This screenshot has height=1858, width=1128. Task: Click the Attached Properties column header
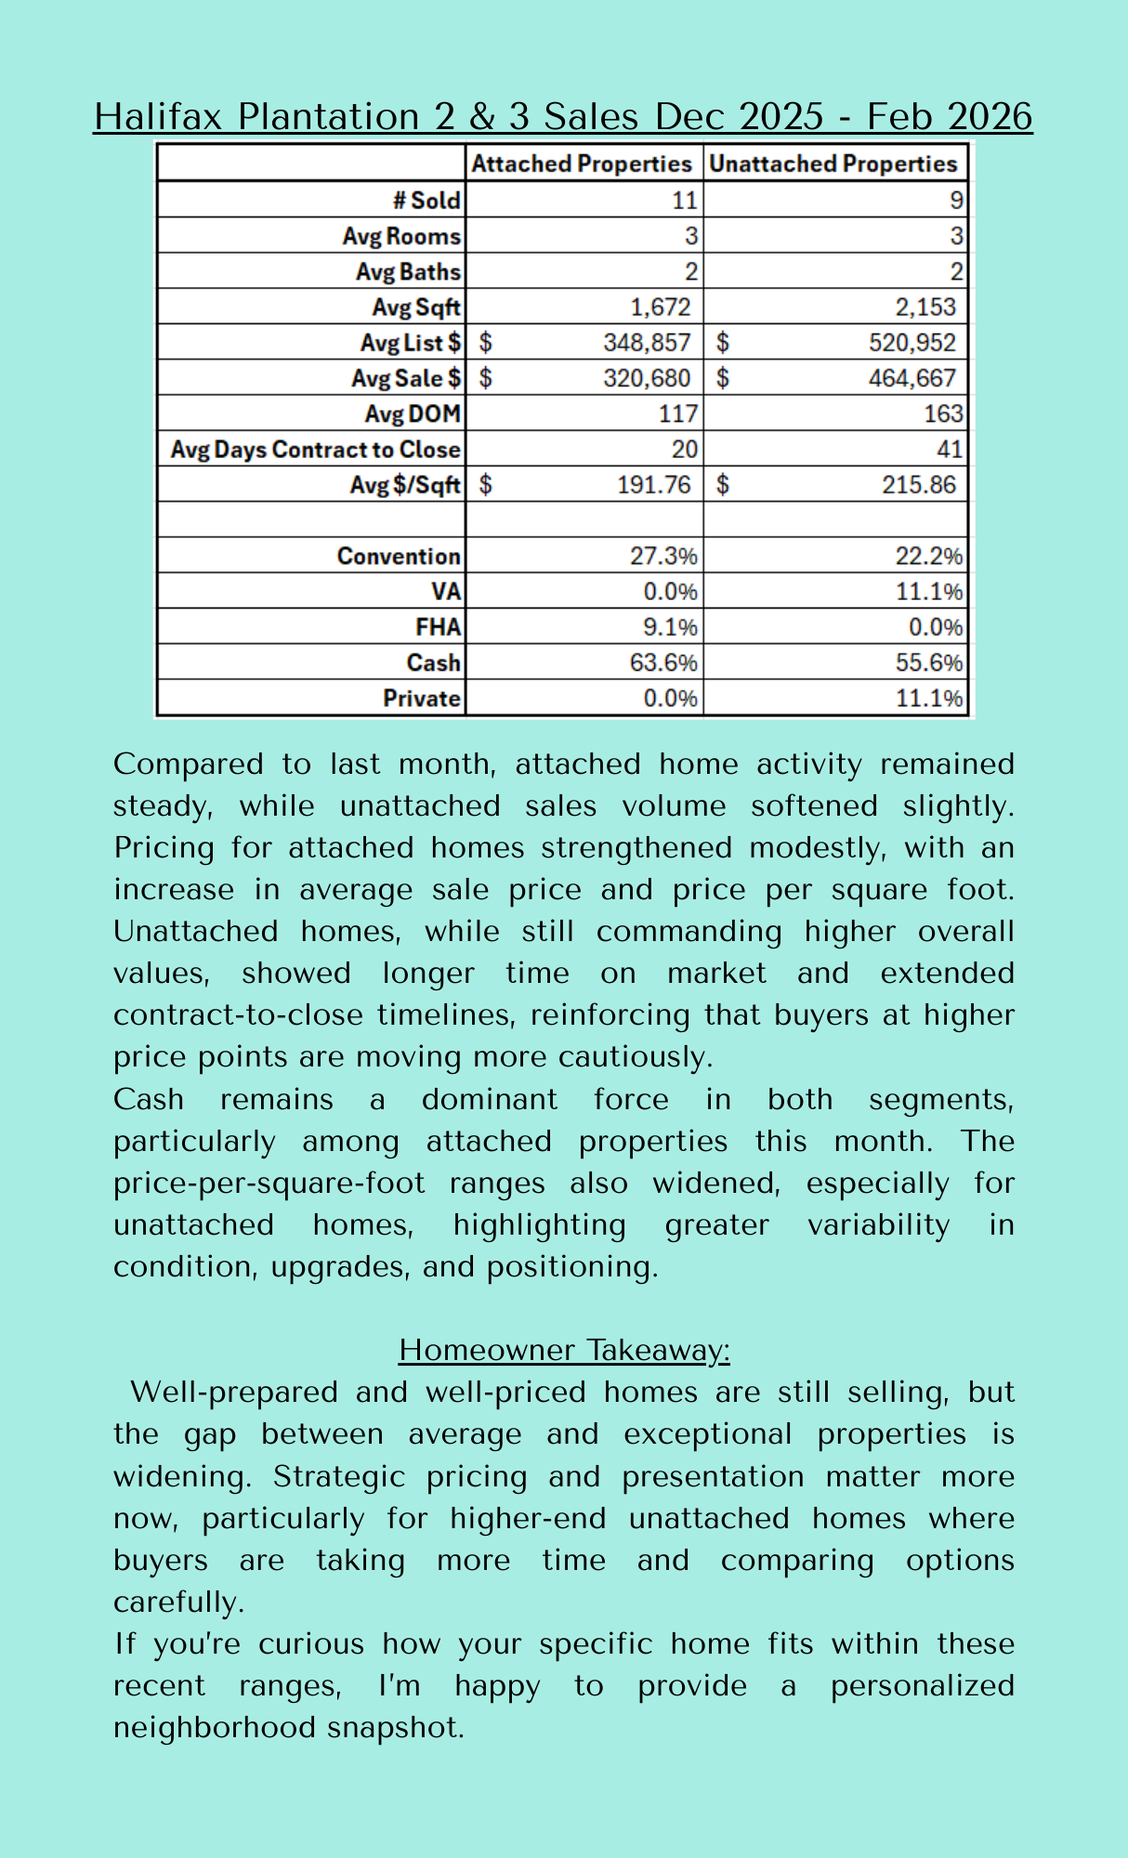582,164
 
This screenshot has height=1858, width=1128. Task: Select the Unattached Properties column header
833,164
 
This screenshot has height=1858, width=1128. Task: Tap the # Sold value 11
684,201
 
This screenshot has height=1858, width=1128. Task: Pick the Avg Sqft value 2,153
925,307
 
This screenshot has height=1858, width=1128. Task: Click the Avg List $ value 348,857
647,343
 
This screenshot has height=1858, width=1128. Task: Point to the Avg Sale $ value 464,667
912,378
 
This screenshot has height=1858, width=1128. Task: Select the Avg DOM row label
412,413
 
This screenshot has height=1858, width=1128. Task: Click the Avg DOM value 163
943,413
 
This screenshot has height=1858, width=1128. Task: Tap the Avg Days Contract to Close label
315,450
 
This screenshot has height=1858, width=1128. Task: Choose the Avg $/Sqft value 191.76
654,485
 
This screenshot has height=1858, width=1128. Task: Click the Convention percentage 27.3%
663,556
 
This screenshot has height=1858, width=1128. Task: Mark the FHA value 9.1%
670,628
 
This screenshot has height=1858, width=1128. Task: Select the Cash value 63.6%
663,663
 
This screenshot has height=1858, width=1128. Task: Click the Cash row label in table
433,663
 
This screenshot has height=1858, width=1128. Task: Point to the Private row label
422,699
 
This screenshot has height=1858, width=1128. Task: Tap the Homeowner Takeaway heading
564,1350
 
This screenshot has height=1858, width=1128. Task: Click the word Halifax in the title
160,117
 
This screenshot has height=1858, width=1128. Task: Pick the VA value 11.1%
929,592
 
